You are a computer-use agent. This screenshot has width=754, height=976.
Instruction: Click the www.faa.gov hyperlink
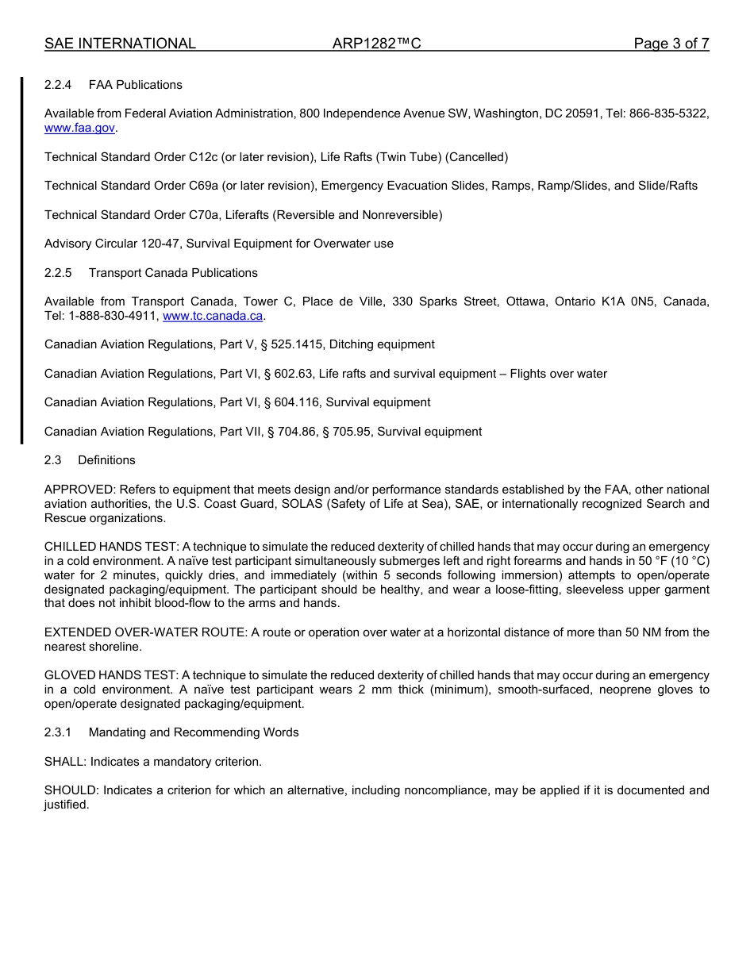click(x=79, y=128)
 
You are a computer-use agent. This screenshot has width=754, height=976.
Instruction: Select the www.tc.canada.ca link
click(x=212, y=316)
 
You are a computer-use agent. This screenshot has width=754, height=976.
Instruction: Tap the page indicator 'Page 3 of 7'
click(x=671, y=44)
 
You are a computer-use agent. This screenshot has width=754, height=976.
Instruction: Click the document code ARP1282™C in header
click(x=376, y=44)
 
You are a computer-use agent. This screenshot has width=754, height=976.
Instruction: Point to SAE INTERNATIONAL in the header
click(x=120, y=44)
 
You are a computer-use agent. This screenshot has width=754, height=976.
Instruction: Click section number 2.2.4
click(x=58, y=85)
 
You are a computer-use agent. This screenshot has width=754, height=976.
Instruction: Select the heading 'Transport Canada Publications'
click(x=173, y=273)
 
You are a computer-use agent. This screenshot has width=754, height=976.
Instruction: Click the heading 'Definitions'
click(x=106, y=460)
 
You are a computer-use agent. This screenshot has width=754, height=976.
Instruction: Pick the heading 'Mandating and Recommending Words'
click(x=194, y=732)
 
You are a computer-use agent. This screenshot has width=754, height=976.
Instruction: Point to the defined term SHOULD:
click(x=71, y=790)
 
